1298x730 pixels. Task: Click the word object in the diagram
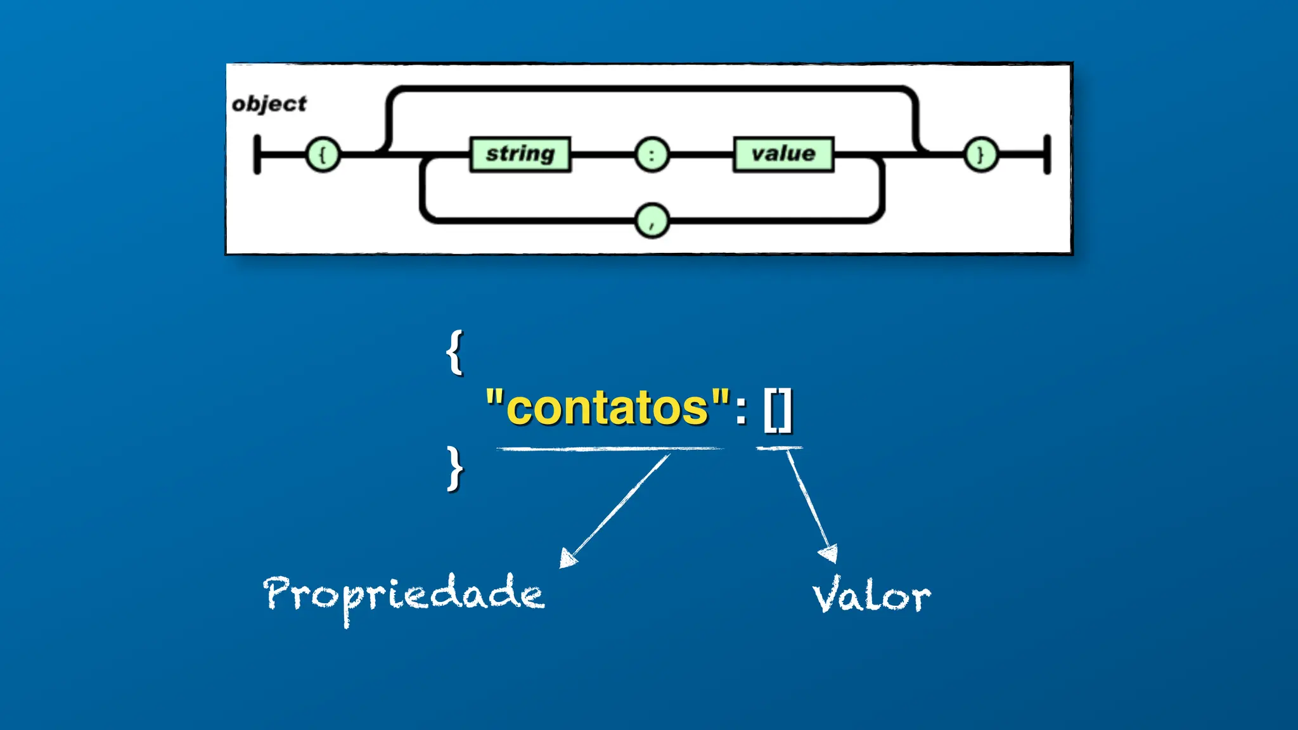(269, 103)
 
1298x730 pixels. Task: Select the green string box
(520, 154)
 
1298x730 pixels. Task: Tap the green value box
(783, 154)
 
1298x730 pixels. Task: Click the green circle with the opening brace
(323, 154)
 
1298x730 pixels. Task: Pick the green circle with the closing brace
(980, 154)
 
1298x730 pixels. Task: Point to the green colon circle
(652, 154)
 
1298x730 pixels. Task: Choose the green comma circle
(652, 221)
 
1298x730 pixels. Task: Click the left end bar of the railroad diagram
(257, 154)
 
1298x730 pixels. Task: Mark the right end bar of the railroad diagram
(1047, 154)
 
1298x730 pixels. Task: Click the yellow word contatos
(607, 407)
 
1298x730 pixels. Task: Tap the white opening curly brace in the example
(454, 352)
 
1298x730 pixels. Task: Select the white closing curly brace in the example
(454, 468)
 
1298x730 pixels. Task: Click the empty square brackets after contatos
(778, 410)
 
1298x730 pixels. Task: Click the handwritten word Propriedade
(404, 594)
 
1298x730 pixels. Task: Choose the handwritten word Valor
(871, 596)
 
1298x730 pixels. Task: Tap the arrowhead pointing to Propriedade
(567, 558)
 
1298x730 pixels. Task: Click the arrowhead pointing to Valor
(829, 553)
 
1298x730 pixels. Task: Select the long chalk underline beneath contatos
(608, 449)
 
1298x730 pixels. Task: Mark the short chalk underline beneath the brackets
(779, 448)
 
